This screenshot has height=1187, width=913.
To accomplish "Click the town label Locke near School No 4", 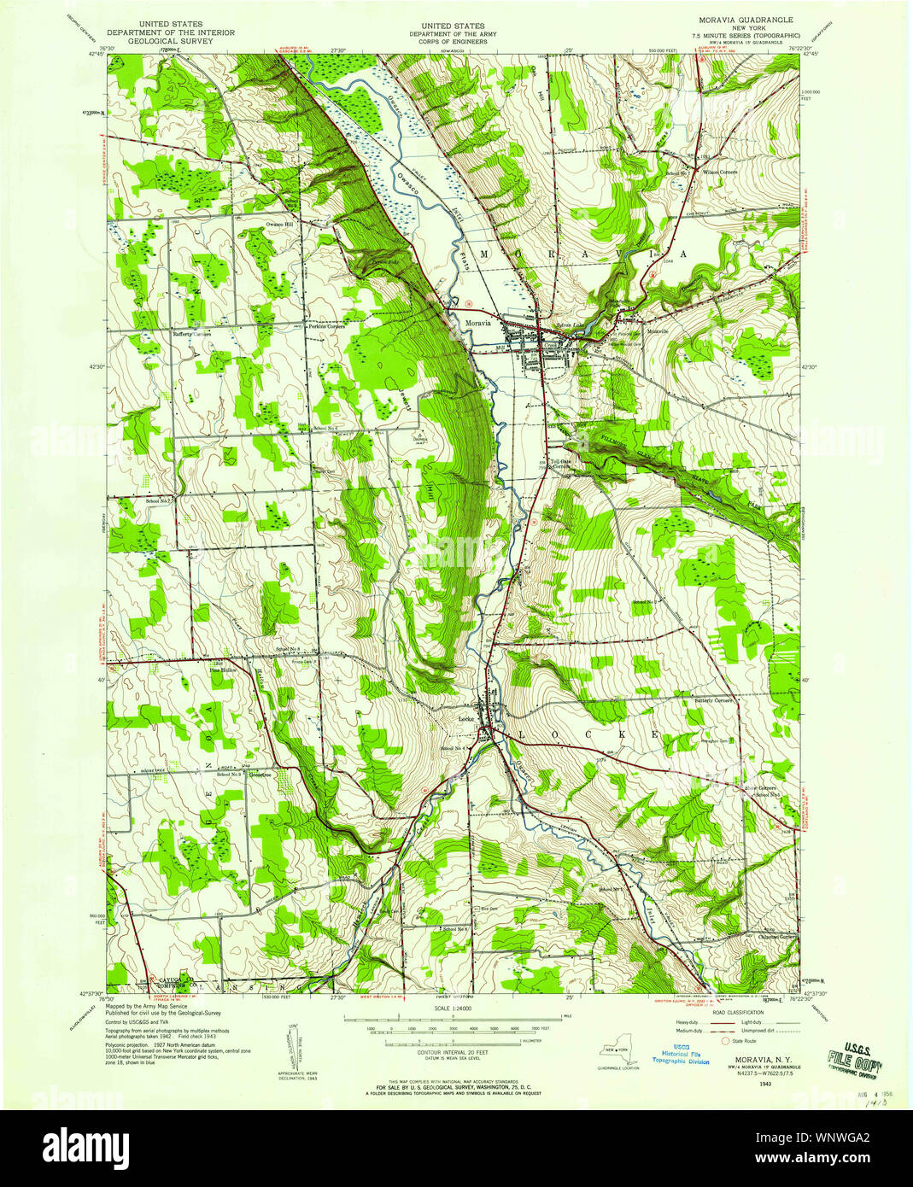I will coord(466,719).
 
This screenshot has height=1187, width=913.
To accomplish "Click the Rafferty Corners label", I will coord(192,334).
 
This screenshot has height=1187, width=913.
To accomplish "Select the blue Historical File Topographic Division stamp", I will coord(681,1056).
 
